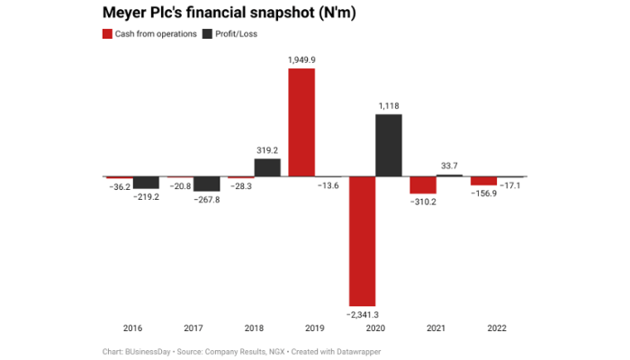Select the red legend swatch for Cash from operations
[107, 34]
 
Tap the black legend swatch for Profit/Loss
[208, 34]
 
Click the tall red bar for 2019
[301, 121]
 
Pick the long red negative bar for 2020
[363, 240]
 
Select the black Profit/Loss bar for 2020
[389, 145]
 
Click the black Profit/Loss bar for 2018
[267, 167]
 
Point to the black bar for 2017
[206, 184]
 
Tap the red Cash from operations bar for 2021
[423, 184]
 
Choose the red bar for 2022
[484, 181]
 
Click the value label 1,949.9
[301, 58]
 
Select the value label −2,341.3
[363, 313]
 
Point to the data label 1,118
[389, 105]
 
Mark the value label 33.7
[449, 166]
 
